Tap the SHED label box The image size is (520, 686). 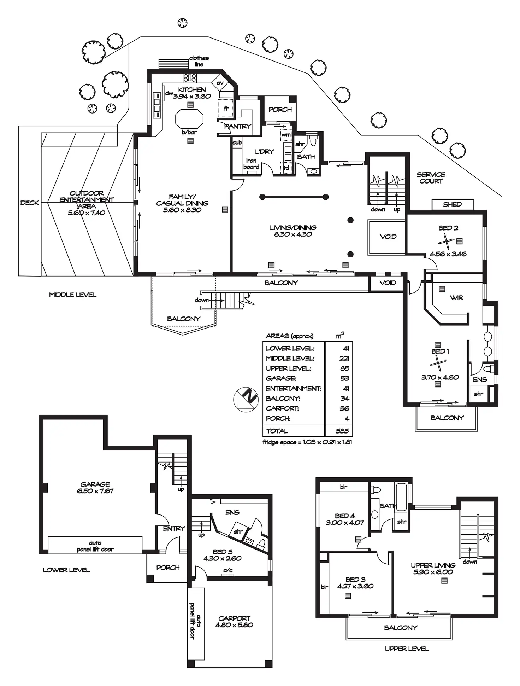coord(453,204)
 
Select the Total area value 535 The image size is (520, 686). coord(342,431)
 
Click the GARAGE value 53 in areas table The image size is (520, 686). coord(345,378)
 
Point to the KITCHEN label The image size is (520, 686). coord(192,90)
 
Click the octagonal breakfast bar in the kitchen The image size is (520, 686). coord(190,119)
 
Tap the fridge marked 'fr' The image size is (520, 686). coord(226,108)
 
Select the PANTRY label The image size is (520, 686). coord(237,126)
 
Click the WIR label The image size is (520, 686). coord(456,298)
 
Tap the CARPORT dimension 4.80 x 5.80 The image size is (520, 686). coord(234,625)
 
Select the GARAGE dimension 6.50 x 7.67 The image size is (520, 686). coord(95,491)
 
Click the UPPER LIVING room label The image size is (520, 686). coord(433,565)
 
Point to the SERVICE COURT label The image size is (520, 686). coord(431,178)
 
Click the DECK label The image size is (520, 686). coord(30,203)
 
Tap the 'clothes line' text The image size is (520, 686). coord(199,61)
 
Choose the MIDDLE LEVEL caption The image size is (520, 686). coord(73,295)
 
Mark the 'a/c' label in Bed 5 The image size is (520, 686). coord(228,570)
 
